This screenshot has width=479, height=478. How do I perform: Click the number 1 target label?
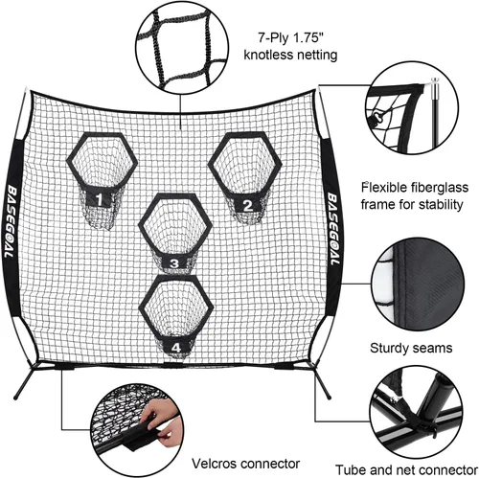pos(100,199)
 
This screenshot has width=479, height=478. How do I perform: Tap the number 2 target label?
pos(248,205)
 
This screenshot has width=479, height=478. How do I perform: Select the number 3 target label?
pos(174,263)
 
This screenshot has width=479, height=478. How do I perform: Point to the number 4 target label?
pos(176,348)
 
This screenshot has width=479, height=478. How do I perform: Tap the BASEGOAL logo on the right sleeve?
pos(332,228)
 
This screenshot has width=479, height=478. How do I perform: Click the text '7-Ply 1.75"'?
pos(290,38)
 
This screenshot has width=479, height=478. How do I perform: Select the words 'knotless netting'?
pos(290,55)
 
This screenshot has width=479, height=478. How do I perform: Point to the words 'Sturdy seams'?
pos(411,348)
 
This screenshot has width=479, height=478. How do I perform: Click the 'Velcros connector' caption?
pos(245,464)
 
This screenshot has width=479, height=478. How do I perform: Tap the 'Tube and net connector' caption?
pos(406,470)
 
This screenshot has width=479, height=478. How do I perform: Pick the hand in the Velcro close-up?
pos(160,421)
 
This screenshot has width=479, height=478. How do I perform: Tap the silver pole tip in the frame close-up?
pos(435,87)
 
